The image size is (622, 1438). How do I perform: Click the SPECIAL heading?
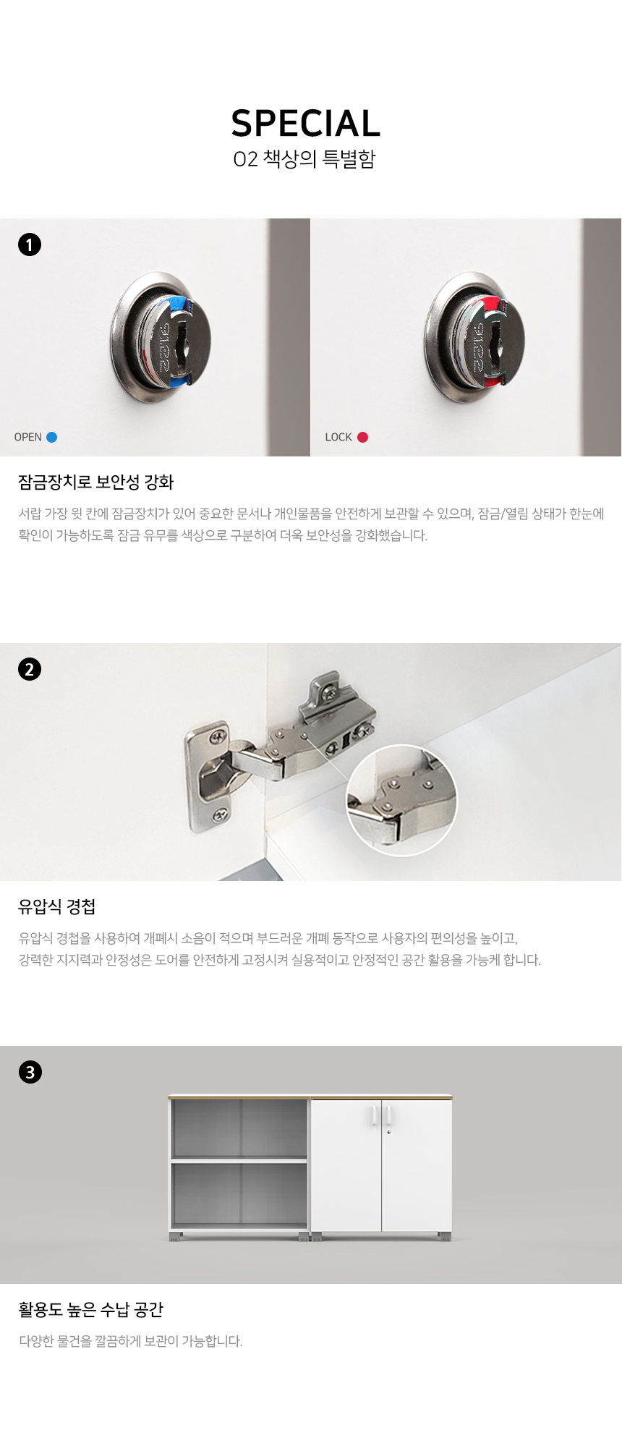(x=305, y=124)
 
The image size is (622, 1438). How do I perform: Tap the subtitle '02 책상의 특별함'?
(x=304, y=159)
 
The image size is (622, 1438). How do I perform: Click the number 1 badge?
(x=30, y=244)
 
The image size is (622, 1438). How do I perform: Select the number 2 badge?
(x=30, y=669)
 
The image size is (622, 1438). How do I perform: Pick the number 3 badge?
(x=30, y=1072)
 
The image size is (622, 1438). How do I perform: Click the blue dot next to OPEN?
(x=51, y=437)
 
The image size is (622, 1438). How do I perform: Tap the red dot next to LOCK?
(x=362, y=437)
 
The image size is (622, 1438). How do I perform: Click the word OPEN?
(x=28, y=437)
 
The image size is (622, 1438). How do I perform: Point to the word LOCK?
(x=338, y=437)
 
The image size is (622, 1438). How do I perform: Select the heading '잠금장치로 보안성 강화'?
(x=96, y=482)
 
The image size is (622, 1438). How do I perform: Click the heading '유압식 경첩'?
(x=57, y=907)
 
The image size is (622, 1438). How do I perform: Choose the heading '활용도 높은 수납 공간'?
(x=91, y=1310)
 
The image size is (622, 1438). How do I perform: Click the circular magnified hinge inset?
(x=402, y=800)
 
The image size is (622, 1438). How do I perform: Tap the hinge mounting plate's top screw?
(x=216, y=738)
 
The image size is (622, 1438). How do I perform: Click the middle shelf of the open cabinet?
(x=239, y=1160)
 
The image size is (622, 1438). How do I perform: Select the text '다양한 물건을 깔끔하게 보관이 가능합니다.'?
(x=131, y=1341)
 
